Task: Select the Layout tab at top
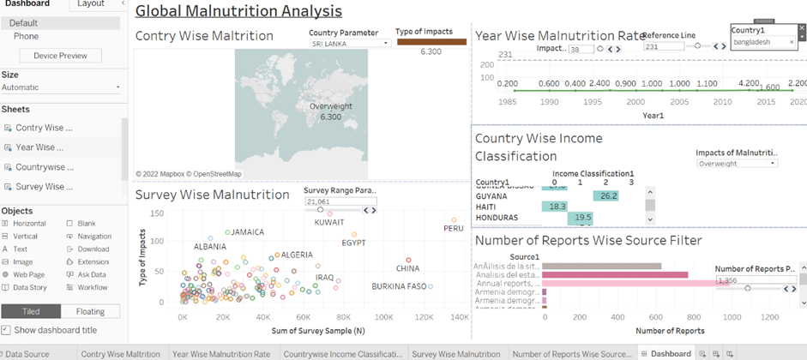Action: [x=91, y=4]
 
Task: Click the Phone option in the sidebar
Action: [x=26, y=37]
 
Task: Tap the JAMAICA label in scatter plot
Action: [x=248, y=232]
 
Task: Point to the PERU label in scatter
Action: [x=453, y=228]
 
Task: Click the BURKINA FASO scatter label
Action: [x=399, y=286]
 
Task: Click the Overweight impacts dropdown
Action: [x=737, y=163]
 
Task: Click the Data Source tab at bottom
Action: [x=29, y=353]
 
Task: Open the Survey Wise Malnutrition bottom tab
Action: [x=455, y=353]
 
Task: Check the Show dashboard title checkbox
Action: [x=6, y=330]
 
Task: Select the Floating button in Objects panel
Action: [x=90, y=311]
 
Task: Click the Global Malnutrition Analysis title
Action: [x=238, y=11]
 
